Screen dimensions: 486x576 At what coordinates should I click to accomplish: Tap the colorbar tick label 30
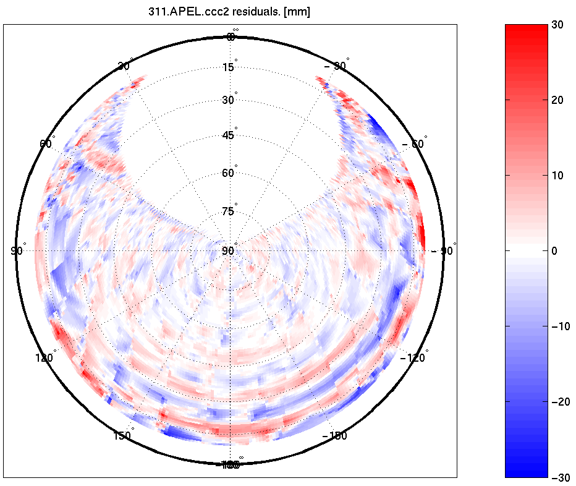pos(559,24)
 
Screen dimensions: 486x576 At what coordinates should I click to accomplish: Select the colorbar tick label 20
pos(559,100)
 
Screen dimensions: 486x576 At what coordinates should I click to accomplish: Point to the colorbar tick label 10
pos(559,175)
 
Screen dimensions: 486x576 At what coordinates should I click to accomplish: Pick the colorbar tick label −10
pos(561,326)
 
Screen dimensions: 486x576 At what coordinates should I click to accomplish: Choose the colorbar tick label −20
pos(561,402)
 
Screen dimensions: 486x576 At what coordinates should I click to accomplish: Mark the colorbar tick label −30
pos(561,477)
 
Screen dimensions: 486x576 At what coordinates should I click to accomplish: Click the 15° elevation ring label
pos(229,67)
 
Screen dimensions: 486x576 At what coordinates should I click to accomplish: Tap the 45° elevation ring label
pos(229,135)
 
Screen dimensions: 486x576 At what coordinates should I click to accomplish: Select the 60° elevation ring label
pos(229,173)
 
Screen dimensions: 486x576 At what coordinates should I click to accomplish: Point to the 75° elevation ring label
pos(229,211)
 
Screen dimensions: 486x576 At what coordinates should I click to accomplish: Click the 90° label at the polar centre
pos(229,250)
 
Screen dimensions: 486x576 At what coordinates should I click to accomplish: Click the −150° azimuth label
pos(335,436)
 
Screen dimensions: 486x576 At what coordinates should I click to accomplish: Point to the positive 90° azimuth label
pos(17,250)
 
